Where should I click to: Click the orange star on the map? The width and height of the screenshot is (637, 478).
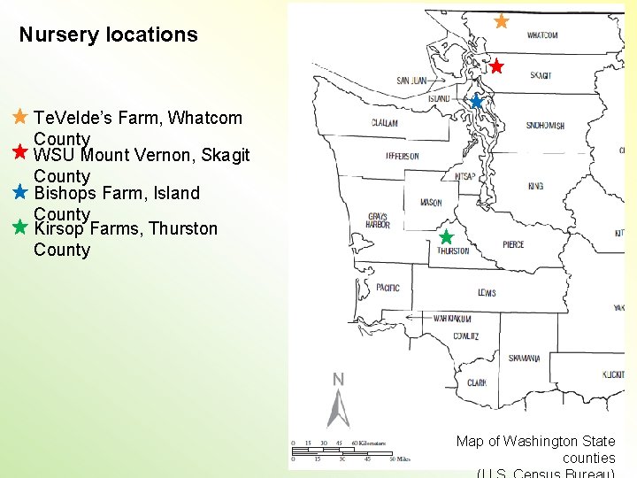pyautogui.click(x=501, y=20)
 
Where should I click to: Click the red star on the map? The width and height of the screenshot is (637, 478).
pyautogui.click(x=496, y=66)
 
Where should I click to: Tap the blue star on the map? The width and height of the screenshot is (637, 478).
pyautogui.click(x=476, y=102)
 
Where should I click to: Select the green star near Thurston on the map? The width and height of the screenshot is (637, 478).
pyautogui.click(x=446, y=237)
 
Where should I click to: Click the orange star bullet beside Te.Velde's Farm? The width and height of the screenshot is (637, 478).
pyautogui.click(x=20, y=117)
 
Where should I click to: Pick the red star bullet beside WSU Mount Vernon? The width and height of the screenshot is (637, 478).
pyautogui.click(x=20, y=152)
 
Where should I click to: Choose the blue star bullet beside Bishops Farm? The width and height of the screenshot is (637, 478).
pyautogui.click(x=20, y=191)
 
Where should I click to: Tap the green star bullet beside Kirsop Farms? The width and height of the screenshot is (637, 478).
pyautogui.click(x=20, y=227)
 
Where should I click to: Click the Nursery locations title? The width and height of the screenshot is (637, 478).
pyautogui.click(x=108, y=35)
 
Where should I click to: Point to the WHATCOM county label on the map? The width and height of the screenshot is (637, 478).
pyautogui.click(x=542, y=35)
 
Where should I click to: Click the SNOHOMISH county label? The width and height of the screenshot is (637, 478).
pyautogui.click(x=545, y=126)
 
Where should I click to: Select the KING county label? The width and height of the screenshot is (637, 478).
pyautogui.click(x=535, y=187)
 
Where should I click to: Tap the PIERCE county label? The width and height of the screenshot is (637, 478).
pyautogui.click(x=513, y=244)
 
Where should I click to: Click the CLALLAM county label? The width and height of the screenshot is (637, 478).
pyautogui.click(x=384, y=123)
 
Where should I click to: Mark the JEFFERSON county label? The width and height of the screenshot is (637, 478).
pyautogui.click(x=403, y=156)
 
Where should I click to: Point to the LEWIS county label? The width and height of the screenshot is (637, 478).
pyautogui.click(x=487, y=293)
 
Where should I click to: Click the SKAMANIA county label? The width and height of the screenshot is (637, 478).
pyautogui.click(x=524, y=358)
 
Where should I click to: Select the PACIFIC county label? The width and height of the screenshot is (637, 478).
pyautogui.click(x=388, y=288)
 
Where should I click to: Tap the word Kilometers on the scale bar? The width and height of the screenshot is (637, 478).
pyautogui.click(x=369, y=443)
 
